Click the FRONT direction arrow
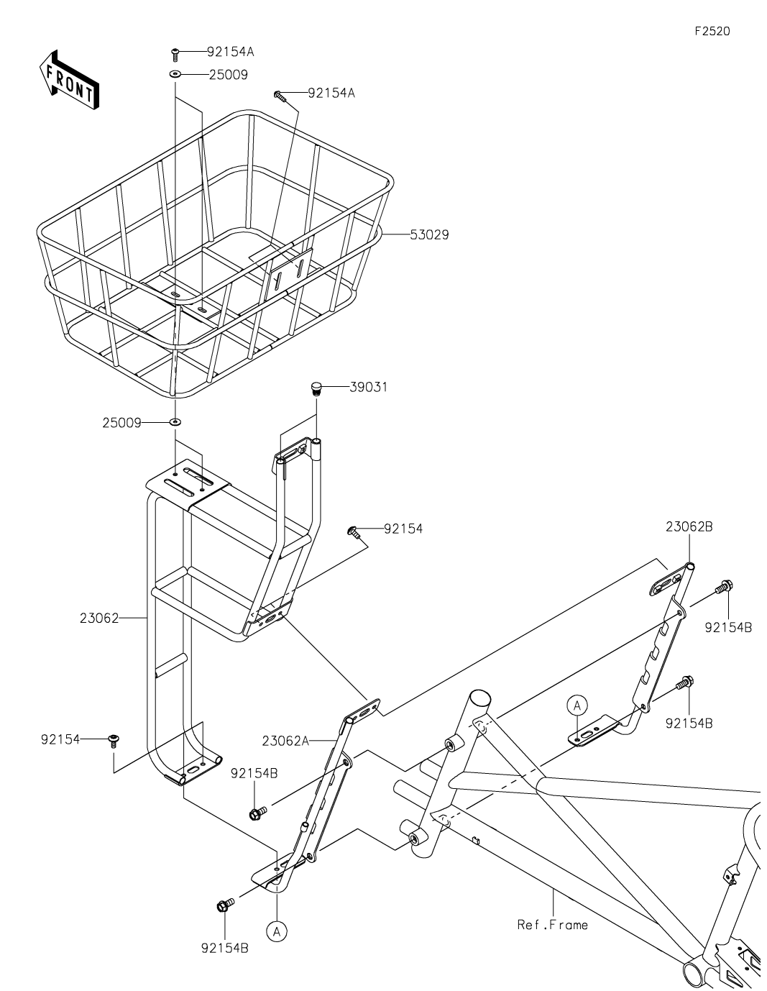coord(69,79)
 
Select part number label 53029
coord(429,234)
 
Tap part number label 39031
coord(369,387)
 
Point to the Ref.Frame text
coord(552,924)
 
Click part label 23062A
coord(285,741)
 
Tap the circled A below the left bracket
coord(276,931)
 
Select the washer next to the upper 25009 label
coord(175,74)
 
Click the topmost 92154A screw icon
coord(175,52)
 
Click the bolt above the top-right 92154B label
coord(723,588)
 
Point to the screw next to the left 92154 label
coord(113,740)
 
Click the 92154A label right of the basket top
coord(331,93)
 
